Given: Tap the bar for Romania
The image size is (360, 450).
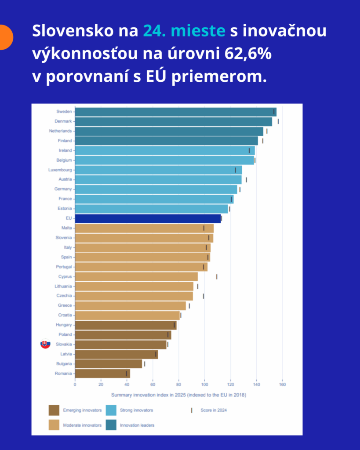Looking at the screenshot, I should (x=102, y=374).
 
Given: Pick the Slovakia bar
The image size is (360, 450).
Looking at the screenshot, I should (x=120, y=345).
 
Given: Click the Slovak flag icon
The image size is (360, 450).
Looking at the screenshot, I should (x=45, y=345).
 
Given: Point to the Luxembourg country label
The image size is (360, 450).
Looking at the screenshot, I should (x=60, y=170).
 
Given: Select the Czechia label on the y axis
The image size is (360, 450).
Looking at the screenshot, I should (x=64, y=296).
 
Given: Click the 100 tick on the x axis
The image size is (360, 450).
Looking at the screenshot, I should (x=204, y=385).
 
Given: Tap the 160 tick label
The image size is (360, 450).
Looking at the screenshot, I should (x=282, y=385).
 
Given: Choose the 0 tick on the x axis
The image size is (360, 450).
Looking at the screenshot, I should (x=75, y=385).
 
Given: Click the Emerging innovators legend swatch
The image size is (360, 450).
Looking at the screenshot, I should (x=54, y=410).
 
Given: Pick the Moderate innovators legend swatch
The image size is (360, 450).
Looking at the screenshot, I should (x=54, y=425).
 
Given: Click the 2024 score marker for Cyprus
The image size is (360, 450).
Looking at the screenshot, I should (x=217, y=276).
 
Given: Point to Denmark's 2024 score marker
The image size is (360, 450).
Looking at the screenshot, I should (x=278, y=121).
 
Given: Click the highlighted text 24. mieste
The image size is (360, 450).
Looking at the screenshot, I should (x=184, y=31).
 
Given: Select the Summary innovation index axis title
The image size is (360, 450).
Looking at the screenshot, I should (x=178, y=395).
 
